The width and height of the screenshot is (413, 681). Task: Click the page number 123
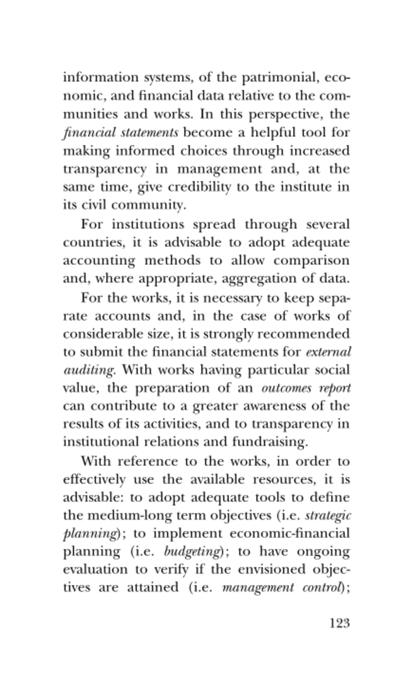click(339, 623)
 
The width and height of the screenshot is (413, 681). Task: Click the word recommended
click(298, 335)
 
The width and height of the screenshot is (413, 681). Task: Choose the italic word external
click(328, 353)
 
